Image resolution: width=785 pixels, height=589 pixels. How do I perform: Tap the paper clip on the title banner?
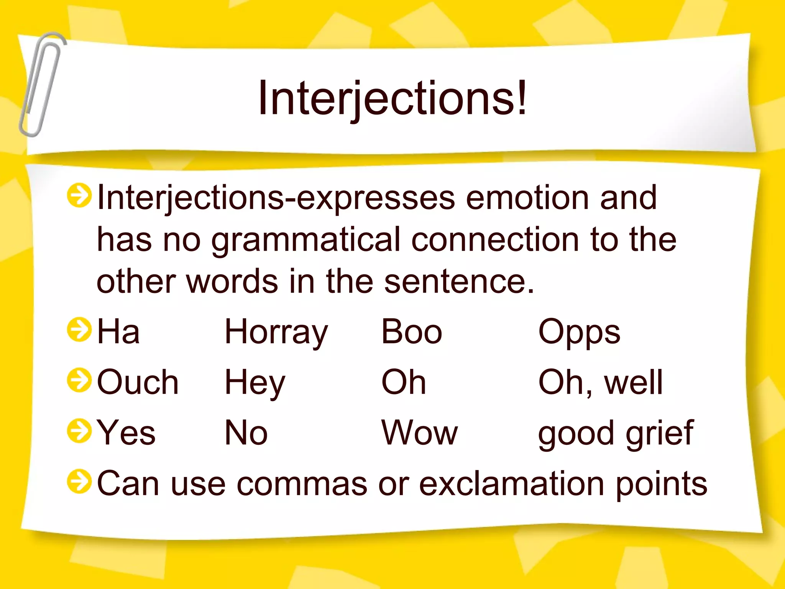pos(41,84)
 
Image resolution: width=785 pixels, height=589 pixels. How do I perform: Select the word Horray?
pos(276,332)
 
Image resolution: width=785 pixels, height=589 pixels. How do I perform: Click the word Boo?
pos(412,332)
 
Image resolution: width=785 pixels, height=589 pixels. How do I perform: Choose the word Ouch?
pos(138,382)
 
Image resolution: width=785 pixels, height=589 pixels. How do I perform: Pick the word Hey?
pos(255,383)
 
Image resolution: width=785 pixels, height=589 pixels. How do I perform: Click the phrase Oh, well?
pos(600,382)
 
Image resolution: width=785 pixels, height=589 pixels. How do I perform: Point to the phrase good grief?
pos(616,433)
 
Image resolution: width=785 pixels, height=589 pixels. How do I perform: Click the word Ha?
pos(118,332)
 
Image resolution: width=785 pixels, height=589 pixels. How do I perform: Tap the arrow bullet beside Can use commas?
pos(79,482)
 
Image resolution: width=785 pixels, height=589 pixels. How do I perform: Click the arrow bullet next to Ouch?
pos(79,380)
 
